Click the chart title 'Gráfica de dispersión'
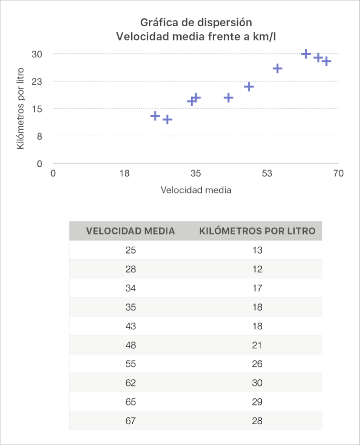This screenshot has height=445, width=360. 195,22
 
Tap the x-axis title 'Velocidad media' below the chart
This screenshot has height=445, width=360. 196,190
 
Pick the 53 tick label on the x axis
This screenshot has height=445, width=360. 267,173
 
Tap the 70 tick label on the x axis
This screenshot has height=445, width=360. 338,173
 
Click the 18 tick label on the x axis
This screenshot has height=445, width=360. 124,173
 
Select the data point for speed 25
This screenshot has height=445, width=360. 155,116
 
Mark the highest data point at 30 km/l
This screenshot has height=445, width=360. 306,54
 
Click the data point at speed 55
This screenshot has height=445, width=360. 278,69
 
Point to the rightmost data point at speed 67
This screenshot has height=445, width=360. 326,61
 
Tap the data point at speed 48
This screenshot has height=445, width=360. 249,87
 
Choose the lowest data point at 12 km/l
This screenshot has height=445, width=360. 167,120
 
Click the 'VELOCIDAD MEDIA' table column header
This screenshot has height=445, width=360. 130,231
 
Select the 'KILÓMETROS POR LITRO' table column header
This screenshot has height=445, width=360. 257,231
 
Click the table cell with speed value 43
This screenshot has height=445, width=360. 130,326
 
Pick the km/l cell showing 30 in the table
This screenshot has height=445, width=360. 257,383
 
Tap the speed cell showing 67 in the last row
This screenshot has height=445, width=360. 130,421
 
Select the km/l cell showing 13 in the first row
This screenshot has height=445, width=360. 257,250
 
